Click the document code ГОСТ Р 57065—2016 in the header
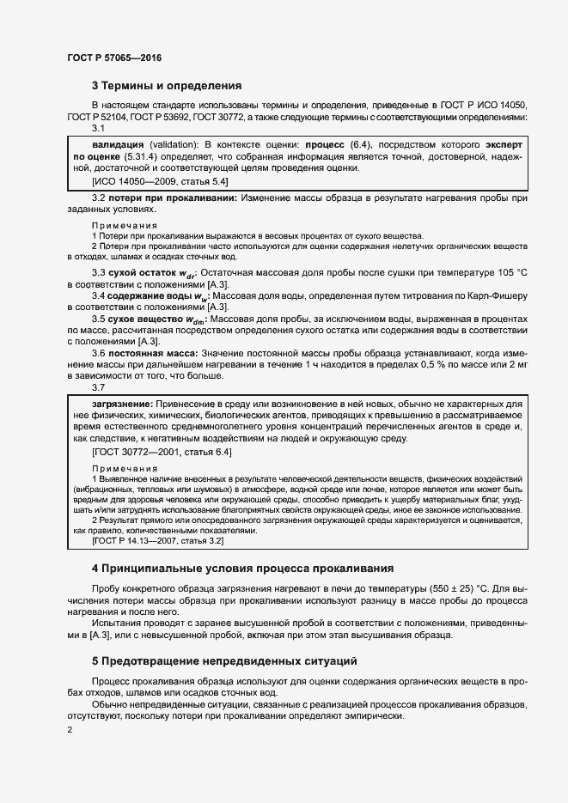pos(113,58)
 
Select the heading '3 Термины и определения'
pos(167,86)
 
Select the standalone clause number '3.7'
pos(98,387)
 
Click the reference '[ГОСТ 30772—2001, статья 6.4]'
pos(161,452)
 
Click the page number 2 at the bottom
pos(70,729)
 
